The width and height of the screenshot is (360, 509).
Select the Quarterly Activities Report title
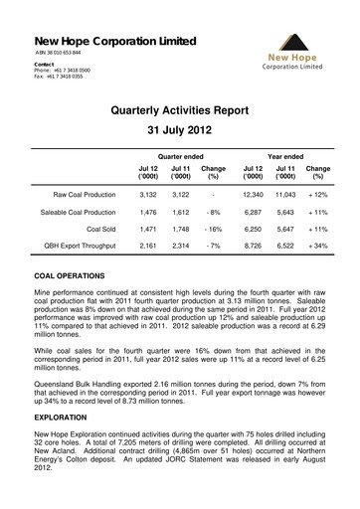pos(180,111)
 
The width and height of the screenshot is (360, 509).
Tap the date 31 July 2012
pos(180,131)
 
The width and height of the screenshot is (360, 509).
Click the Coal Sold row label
pos(98,230)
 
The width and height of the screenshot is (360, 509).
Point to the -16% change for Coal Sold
pos(213,230)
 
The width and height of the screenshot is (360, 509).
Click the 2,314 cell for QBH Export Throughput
pos(180,245)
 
